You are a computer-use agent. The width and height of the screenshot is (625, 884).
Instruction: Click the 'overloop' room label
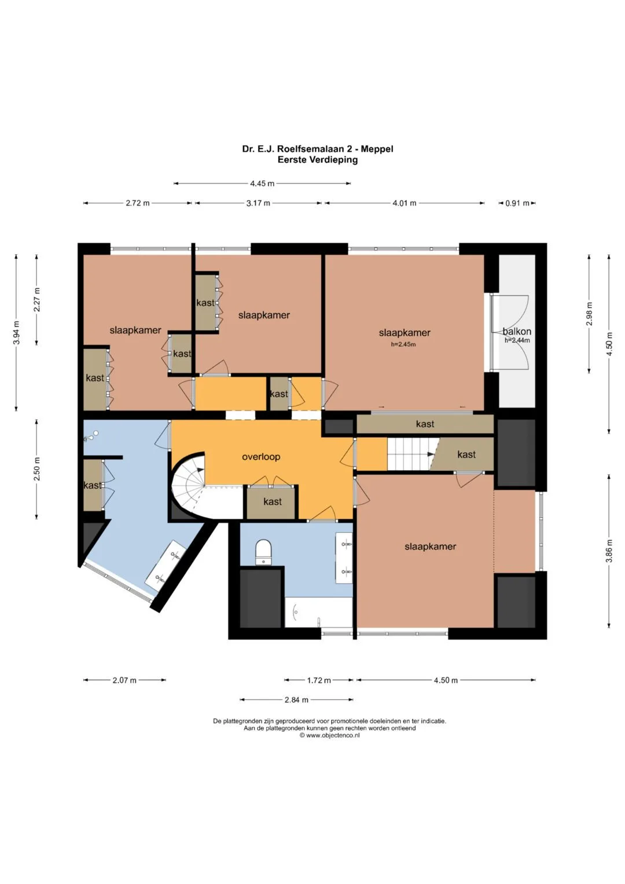[x=261, y=457]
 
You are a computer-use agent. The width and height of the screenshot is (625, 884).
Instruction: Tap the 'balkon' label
[x=516, y=331]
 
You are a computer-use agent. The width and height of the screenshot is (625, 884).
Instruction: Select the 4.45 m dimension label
[x=262, y=184]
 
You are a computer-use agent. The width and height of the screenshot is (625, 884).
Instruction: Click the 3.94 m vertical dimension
[x=16, y=333]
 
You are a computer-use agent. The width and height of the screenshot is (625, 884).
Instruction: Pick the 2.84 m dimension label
[x=296, y=700]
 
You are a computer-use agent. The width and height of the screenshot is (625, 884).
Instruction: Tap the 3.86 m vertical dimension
[x=609, y=551]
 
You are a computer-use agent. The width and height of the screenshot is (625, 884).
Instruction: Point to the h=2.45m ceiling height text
[x=403, y=344]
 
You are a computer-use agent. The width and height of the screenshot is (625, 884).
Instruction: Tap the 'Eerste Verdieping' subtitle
[x=318, y=160]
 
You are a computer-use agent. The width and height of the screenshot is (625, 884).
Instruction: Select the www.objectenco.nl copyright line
[x=329, y=735]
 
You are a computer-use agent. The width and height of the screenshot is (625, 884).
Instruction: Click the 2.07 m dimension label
[x=124, y=680]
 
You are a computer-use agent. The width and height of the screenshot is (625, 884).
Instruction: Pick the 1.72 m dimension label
[x=319, y=680]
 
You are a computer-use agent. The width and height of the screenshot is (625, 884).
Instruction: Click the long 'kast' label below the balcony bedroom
[x=425, y=424]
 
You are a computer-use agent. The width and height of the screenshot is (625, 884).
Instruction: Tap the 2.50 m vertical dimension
[x=36, y=469]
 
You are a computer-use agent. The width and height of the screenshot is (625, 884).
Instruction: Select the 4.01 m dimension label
[x=404, y=203]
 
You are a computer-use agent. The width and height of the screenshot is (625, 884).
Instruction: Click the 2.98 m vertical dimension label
[x=590, y=313]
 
